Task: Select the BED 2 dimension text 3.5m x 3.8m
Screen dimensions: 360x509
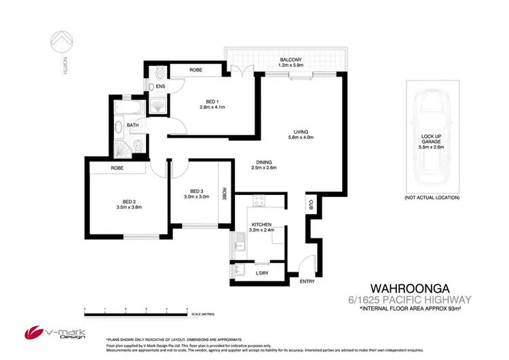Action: tap(128, 206)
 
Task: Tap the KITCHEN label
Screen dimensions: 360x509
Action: tap(262, 223)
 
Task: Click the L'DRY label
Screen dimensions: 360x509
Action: tap(261, 272)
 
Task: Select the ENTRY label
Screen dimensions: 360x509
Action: tap(309, 281)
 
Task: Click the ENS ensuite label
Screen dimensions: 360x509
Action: tap(160, 87)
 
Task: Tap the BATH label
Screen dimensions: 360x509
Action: tap(132, 125)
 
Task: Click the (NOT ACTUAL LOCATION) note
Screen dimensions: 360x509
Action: tap(432, 197)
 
